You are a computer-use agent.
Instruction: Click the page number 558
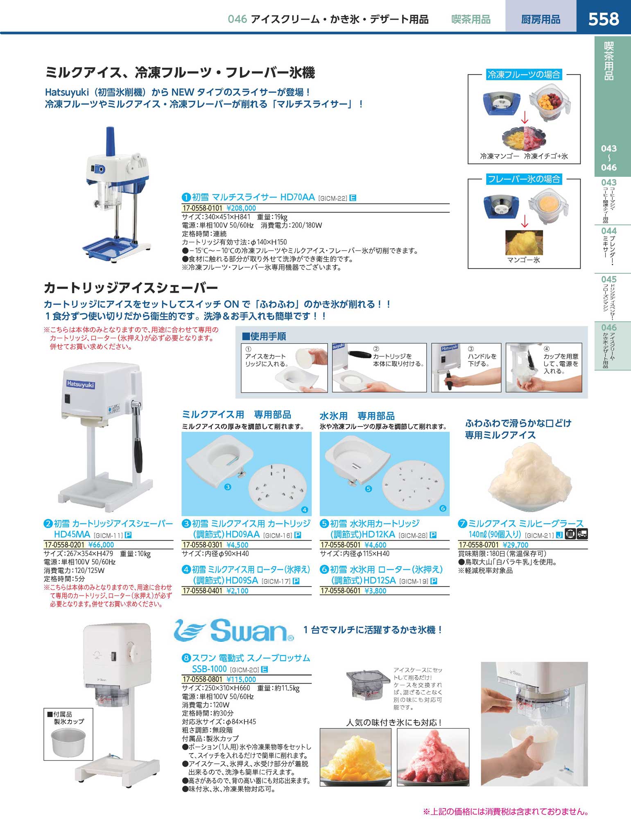(x=604, y=19)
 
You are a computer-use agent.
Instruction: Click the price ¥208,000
(x=241, y=208)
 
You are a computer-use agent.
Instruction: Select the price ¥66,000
(x=101, y=545)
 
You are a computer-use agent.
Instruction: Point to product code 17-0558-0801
(x=202, y=679)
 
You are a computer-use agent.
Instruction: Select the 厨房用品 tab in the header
(x=541, y=19)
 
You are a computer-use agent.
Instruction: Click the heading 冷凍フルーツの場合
(x=524, y=74)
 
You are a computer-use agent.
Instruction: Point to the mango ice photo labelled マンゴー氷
(x=524, y=242)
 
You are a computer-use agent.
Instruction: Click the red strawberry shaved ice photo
(x=433, y=757)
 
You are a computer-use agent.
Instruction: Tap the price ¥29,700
(x=516, y=545)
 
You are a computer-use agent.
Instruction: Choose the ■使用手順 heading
(x=264, y=336)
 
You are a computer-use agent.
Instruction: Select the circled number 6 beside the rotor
(x=443, y=508)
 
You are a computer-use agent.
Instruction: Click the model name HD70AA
(x=297, y=197)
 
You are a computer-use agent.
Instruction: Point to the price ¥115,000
(x=241, y=679)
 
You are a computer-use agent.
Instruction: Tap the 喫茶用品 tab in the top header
(x=471, y=19)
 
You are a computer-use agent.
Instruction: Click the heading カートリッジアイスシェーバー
(x=131, y=288)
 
